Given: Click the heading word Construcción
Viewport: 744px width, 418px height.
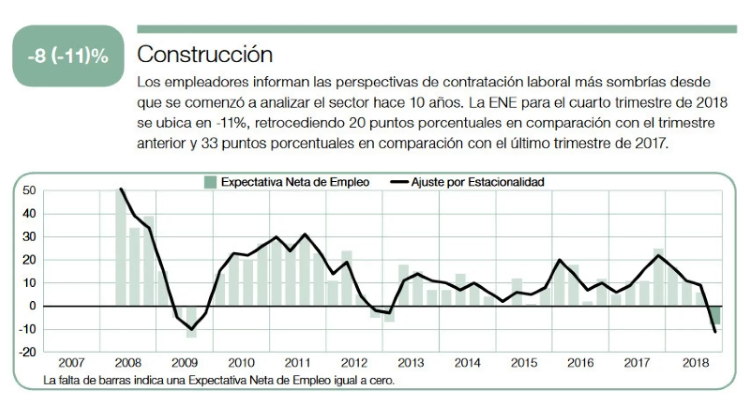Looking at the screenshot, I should click(x=205, y=55).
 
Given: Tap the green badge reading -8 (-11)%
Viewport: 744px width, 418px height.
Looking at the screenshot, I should click(x=68, y=56).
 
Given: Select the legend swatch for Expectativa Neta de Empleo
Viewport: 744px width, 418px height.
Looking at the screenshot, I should click(x=210, y=182).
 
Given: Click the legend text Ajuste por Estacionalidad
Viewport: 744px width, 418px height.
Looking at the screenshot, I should click(x=477, y=182).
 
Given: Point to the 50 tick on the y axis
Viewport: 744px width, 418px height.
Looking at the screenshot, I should click(x=29, y=190).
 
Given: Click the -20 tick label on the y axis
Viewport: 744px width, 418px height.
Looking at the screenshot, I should click(x=27, y=352).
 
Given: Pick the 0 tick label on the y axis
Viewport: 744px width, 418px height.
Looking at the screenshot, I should click(x=32, y=306).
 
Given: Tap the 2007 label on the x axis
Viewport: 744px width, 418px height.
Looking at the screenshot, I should click(x=72, y=363).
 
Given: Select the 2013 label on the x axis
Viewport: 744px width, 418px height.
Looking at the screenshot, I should click(x=411, y=363).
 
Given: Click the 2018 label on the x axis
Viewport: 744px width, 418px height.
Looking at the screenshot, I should click(x=696, y=363).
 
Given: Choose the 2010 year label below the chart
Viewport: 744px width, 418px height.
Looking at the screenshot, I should click(x=241, y=363).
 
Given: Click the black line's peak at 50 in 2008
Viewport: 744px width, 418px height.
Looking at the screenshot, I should click(x=121, y=189).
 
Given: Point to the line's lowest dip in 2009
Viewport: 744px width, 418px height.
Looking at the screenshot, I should click(x=191, y=329).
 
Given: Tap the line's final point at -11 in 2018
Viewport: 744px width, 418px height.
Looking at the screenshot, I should click(x=715, y=332).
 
